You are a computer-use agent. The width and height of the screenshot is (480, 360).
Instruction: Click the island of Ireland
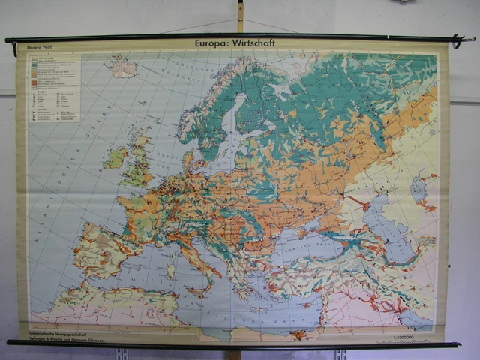[116, 157]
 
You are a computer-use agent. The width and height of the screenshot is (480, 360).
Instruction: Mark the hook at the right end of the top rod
[460, 40]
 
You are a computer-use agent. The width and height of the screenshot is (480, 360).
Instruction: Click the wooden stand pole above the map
[240, 15]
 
